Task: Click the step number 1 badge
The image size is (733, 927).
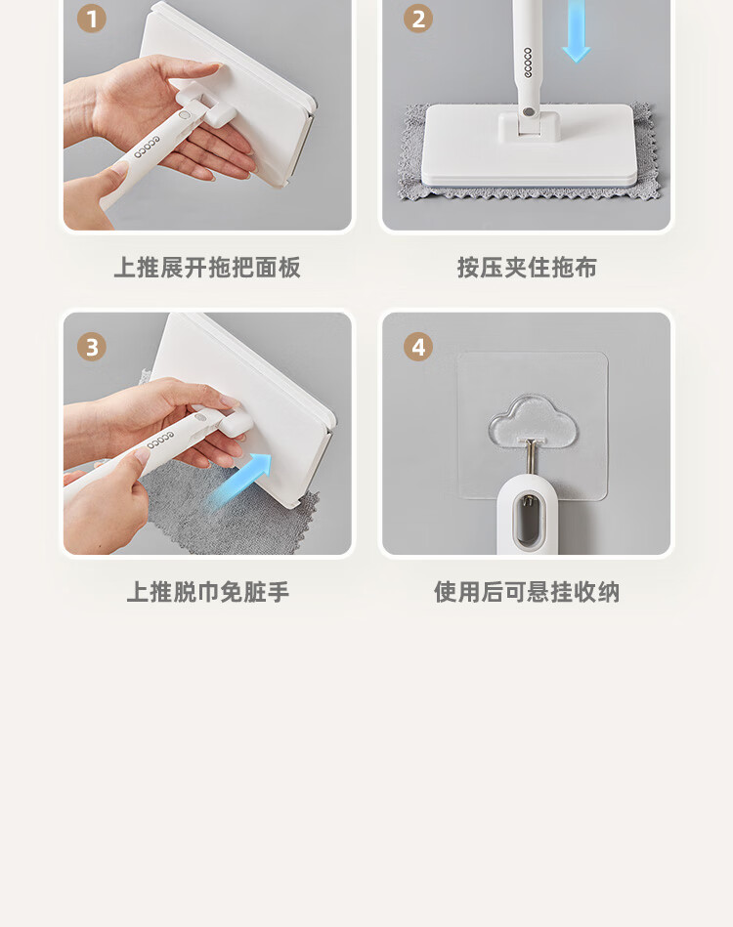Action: (92, 19)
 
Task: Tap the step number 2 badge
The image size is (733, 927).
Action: (418, 19)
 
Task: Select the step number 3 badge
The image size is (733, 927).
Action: (92, 347)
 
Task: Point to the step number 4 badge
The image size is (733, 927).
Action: (418, 347)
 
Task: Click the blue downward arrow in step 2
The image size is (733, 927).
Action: (576, 30)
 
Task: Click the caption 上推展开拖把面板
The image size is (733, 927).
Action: (207, 268)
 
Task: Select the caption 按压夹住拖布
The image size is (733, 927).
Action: (527, 268)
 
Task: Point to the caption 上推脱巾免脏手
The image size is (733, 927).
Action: (207, 592)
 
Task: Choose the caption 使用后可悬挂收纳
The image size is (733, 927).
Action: (527, 592)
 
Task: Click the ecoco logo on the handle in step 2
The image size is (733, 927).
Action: (528, 63)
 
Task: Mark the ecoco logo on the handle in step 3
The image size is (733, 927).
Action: (161, 441)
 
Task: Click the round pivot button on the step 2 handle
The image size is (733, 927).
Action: (529, 111)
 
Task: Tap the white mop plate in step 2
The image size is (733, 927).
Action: (528, 146)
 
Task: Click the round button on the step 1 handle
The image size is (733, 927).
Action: (184, 114)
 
